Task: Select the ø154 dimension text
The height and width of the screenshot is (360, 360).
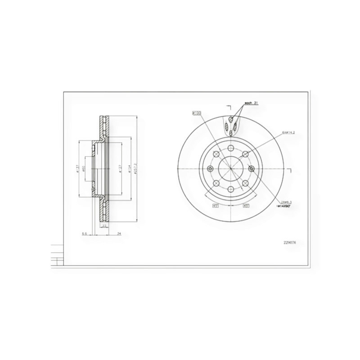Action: (x=129, y=169)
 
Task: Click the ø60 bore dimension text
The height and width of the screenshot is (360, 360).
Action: (x=85, y=169)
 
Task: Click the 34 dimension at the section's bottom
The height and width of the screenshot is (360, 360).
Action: (x=118, y=234)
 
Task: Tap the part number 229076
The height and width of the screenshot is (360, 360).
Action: (x=290, y=243)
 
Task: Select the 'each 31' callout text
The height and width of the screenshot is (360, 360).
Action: (x=251, y=103)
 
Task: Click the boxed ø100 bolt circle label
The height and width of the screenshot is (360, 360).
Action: (x=196, y=113)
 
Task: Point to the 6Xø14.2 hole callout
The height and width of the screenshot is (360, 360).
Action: (x=288, y=133)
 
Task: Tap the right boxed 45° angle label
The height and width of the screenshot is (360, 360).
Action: (x=246, y=206)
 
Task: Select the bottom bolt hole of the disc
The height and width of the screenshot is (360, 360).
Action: (x=230, y=189)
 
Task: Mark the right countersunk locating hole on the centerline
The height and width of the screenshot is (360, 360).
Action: (x=251, y=169)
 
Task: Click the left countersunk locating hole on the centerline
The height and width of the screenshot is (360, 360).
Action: (x=210, y=169)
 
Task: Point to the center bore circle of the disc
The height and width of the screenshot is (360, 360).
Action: (x=230, y=169)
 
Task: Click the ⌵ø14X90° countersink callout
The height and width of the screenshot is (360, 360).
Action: (x=287, y=206)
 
